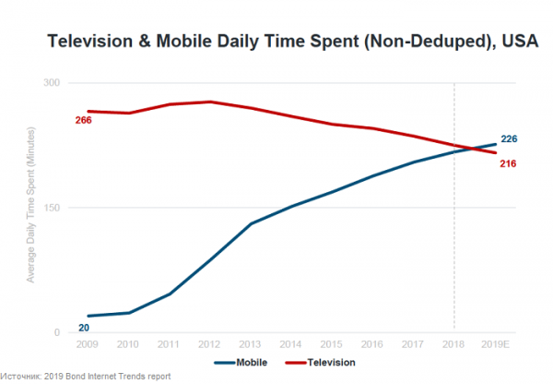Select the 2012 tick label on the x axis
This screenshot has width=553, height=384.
coord(209,343)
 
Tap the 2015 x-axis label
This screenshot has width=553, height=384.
coord(332,343)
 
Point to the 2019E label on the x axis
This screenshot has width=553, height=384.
coord(496,343)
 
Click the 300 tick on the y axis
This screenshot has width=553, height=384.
coord(53,83)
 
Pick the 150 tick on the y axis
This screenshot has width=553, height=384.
coord(53,208)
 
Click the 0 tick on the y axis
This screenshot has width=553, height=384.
coord(57,332)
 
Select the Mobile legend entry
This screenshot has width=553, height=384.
coord(240,363)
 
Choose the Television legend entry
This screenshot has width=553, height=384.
coord(324,363)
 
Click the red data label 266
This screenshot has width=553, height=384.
coord(83,121)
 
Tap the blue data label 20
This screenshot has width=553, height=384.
coord(83,327)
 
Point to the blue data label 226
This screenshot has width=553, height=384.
coord(509,139)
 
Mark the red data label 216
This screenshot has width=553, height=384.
coord(508,163)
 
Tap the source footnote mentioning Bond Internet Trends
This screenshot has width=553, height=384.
coord(86,377)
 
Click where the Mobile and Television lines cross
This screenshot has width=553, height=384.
coord(473,149)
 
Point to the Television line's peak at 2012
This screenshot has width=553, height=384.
coord(209,102)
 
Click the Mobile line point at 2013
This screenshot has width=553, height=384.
coord(250,223)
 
